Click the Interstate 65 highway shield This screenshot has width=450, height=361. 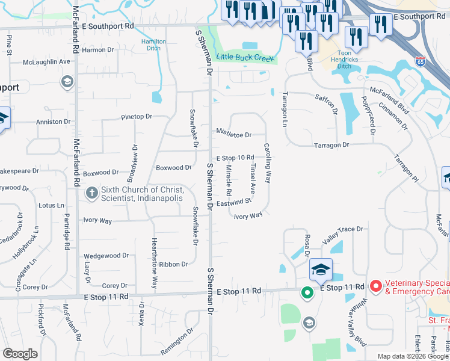[420, 61]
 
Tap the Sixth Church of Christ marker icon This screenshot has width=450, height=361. [91, 193]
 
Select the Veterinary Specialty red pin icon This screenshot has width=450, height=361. [376, 286]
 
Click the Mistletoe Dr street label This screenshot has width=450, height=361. [233, 135]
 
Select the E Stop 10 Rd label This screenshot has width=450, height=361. [235, 158]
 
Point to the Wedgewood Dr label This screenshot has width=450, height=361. [106, 256]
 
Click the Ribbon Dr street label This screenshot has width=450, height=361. [173, 264]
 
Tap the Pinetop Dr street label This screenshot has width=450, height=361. [137, 116]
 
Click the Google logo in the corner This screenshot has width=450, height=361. [20, 354]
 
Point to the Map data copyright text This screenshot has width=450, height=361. [413, 356]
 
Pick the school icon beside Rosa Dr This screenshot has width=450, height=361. [321, 270]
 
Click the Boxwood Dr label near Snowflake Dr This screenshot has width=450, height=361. [173, 168]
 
